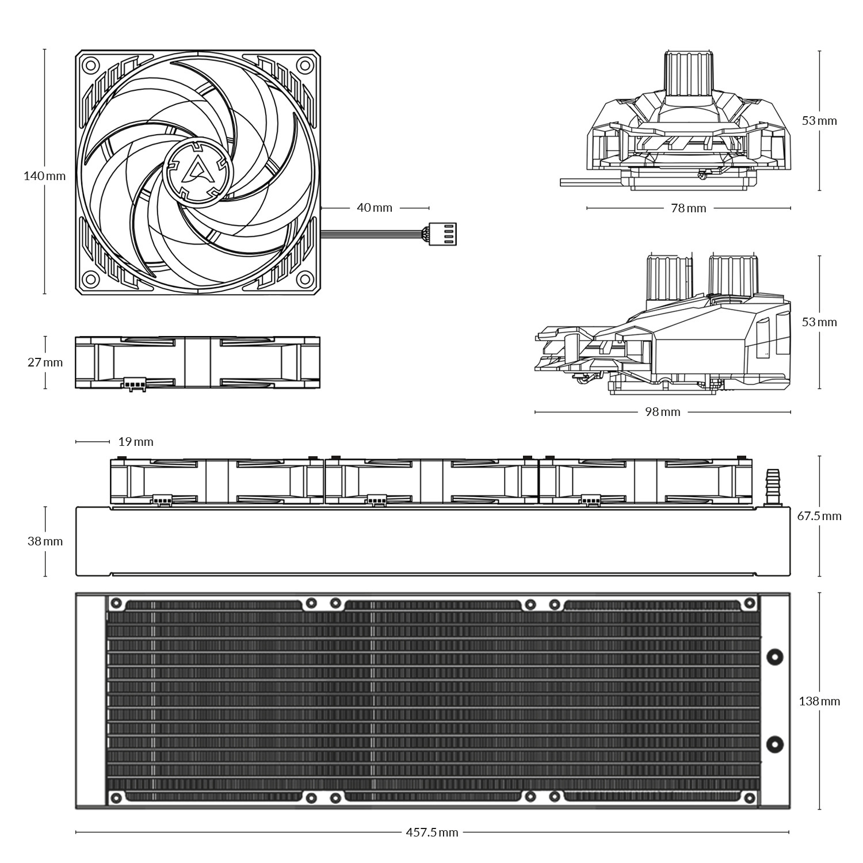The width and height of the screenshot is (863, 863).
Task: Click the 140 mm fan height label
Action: tap(44, 176)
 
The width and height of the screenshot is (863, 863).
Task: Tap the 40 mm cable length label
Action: tap(375, 207)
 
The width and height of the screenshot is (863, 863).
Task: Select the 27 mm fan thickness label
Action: tap(44, 362)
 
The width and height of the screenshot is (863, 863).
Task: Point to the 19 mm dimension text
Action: tap(136, 442)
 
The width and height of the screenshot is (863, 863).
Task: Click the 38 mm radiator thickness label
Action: tap(44, 541)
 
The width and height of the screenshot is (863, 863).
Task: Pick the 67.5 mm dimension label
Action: tap(819, 516)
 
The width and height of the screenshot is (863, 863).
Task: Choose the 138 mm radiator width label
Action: tap(819, 701)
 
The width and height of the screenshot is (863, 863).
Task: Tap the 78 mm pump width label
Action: tap(688, 208)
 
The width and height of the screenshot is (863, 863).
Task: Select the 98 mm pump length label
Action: tap(662, 412)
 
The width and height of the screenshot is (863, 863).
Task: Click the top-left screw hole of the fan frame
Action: tap(89, 65)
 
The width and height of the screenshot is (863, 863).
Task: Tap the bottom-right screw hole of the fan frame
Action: tap(304, 280)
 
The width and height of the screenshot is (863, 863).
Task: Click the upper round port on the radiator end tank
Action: tap(776, 656)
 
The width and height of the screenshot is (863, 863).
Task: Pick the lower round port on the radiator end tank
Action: tap(776, 744)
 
